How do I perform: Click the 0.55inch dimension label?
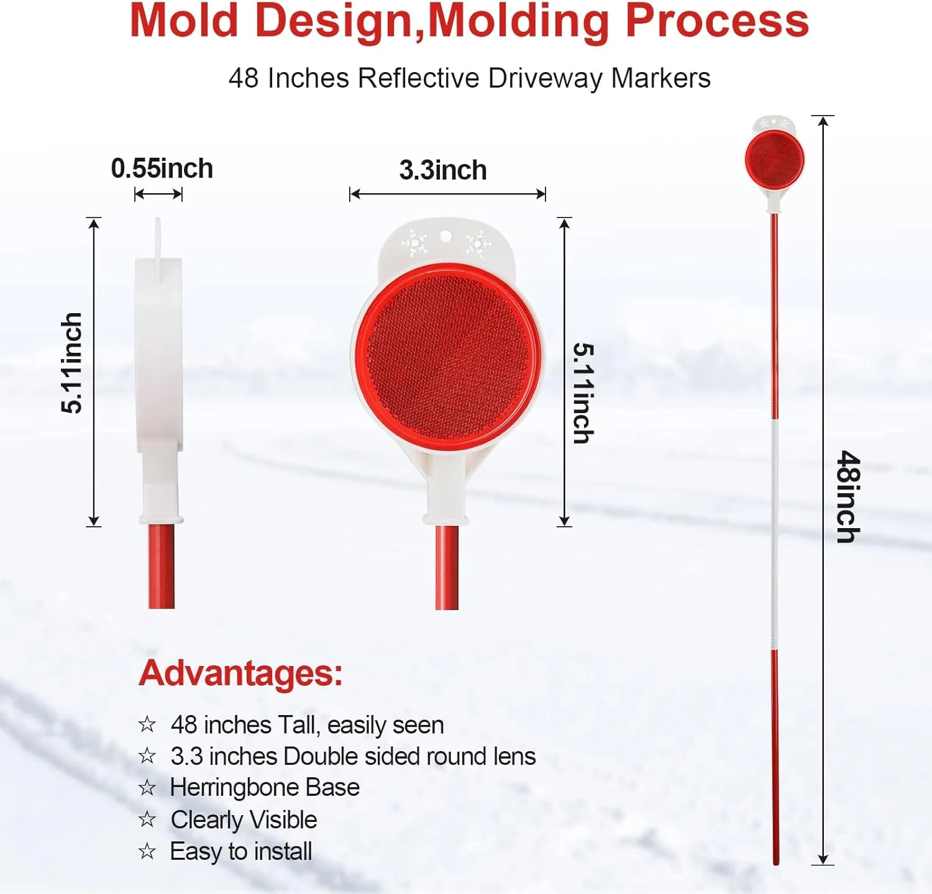click(x=162, y=168)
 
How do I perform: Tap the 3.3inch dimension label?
click(x=443, y=170)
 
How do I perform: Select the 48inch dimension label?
click(x=848, y=497)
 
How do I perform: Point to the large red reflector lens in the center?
click(x=447, y=356)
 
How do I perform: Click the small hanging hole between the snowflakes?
click(x=445, y=236)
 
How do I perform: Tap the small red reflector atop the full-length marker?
click(x=775, y=160)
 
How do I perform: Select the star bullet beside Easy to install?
click(x=147, y=851)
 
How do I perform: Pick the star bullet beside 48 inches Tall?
click(x=147, y=724)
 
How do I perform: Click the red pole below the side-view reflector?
click(x=162, y=567)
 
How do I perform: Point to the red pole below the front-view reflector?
click(x=447, y=568)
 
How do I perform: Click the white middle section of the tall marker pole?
click(x=775, y=534)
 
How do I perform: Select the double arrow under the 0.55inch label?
click(x=158, y=194)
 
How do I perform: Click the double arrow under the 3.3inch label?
click(x=447, y=194)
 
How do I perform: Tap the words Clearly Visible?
click(x=244, y=820)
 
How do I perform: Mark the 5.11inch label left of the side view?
click(x=72, y=363)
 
